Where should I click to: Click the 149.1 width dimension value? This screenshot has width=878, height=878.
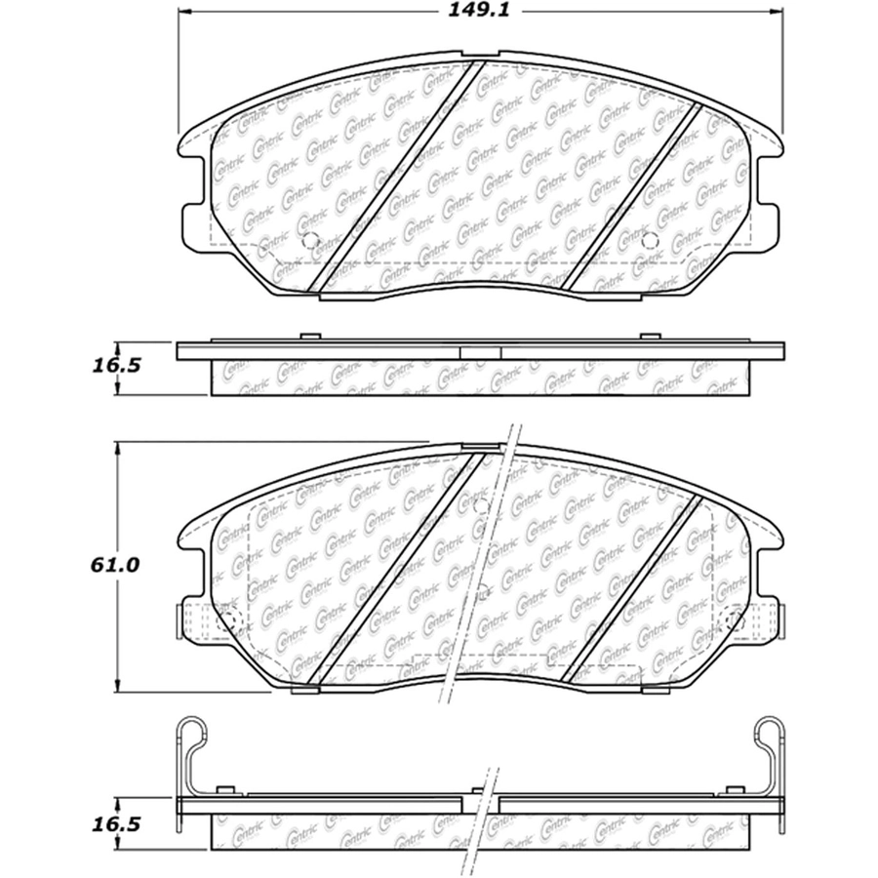point(479,11)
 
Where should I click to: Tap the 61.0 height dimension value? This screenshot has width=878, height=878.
point(114,565)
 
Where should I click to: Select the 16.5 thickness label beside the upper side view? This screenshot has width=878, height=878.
point(115,366)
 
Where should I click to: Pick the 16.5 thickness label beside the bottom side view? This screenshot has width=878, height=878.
point(115,824)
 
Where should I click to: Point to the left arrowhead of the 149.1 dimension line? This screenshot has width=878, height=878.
point(184,11)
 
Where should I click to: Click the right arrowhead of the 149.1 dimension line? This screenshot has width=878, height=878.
point(777,11)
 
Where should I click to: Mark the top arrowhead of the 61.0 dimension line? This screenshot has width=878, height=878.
point(117,449)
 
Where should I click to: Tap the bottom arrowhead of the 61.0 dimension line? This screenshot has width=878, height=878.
point(117,686)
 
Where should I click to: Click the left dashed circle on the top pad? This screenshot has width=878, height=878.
point(309,240)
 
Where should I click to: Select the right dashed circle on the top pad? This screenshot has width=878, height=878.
point(650,240)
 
